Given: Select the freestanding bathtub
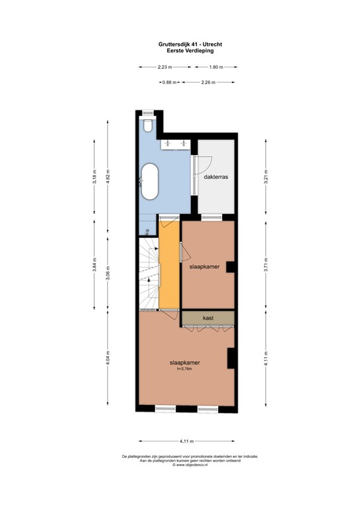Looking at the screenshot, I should click(149, 182).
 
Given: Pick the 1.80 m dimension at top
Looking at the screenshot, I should click(216, 67).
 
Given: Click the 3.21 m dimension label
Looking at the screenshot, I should click(266, 178).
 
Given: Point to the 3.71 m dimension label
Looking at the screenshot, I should click(266, 265).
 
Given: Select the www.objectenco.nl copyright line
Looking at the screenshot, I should click(181, 465).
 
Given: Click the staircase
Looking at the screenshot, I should click(150, 272).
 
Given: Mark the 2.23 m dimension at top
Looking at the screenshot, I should click(164, 67).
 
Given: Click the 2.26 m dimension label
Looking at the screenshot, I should click(209, 82).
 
